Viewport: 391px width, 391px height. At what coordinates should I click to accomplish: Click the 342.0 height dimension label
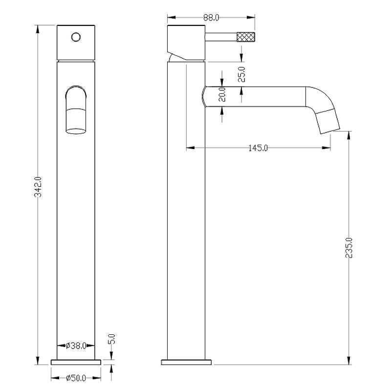click(38, 187)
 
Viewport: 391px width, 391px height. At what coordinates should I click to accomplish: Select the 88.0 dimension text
click(211, 18)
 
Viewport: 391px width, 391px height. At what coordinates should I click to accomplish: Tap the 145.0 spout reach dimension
click(258, 148)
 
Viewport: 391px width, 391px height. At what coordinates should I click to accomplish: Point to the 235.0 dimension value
click(349, 248)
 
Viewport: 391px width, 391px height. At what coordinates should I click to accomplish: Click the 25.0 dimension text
click(241, 74)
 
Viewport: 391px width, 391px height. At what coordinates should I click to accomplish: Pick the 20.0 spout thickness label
click(222, 94)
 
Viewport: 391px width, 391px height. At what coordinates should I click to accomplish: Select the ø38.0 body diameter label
click(76, 346)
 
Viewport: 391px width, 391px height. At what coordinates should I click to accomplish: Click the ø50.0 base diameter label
click(76, 378)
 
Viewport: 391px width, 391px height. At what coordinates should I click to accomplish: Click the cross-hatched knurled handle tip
click(246, 37)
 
